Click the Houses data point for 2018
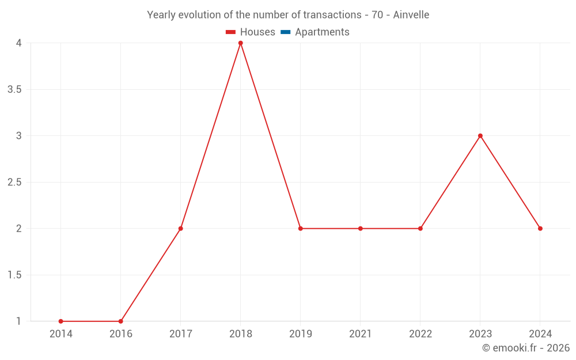tap(241, 43)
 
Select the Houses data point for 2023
tap(480, 136)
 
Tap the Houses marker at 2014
tap(61, 321)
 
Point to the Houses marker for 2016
tap(121, 321)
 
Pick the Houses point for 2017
tap(181, 229)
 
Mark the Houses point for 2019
tap(301, 229)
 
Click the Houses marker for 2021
tap(361, 229)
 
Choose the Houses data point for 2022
tap(420, 229)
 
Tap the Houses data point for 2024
tap(540, 229)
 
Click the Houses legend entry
tap(251, 32)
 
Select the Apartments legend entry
tap(315, 32)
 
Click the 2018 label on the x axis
tap(241, 334)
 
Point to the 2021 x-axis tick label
tap(361, 334)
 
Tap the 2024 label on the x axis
tap(540, 334)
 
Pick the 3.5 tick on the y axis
tap(15, 89)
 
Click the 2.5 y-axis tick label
tap(15, 183)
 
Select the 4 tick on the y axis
tap(19, 43)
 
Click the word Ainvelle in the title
tap(411, 15)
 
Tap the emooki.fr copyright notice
tap(526, 348)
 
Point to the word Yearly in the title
tap(161, 15)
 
